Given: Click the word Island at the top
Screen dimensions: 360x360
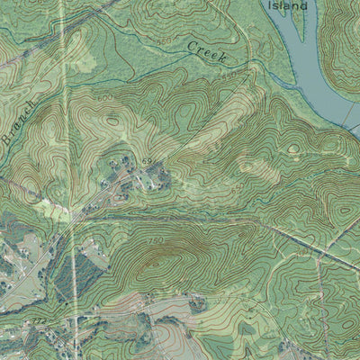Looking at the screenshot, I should pos(288,4).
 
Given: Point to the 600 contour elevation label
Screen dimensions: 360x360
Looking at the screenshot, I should pos(105,97).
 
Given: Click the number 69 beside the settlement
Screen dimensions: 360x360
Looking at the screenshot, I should pos(146,161).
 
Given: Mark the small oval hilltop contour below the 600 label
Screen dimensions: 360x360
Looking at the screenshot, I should pos(112,118).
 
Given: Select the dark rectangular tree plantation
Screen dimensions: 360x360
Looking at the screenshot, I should pos(76,270).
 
